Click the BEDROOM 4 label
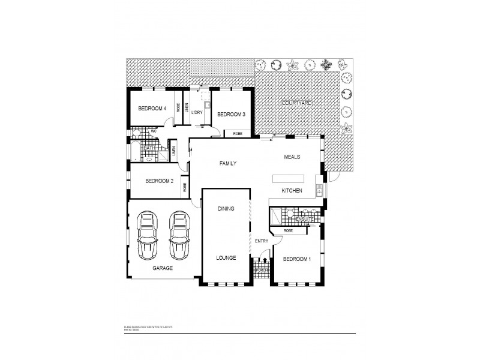152,109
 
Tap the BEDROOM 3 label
231,115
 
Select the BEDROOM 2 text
160,181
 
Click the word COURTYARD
298,104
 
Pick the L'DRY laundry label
197,112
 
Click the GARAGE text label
163,269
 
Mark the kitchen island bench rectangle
289,178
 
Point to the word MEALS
292,157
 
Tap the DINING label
225,208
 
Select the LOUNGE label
225,257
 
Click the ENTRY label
261,241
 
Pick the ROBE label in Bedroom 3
238,134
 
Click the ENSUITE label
305,219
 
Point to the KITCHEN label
292,191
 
